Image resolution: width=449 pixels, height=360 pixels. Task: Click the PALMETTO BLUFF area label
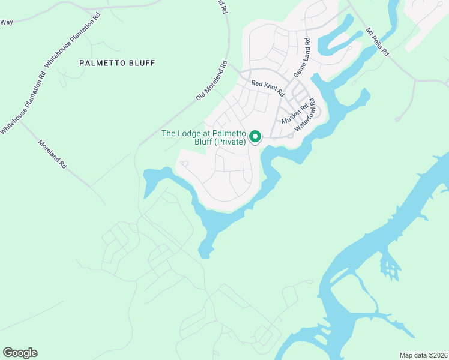[x=117, y=63]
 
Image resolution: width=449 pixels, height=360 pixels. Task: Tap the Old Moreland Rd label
[x=211, y=80]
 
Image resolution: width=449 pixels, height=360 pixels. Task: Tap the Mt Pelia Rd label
[x=378, y=42]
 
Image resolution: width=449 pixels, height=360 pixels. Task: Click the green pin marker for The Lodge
[x=255, y=137]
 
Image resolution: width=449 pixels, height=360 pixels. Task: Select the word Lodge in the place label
[x=191, y=133]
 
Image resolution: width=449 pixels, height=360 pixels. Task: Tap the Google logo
[x=20, y=353]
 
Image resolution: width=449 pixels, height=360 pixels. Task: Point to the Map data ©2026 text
[x=423, y=355]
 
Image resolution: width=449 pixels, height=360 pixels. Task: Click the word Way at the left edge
[x=7, y=22]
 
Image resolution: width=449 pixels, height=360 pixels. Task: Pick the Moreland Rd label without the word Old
[x=52, y=154]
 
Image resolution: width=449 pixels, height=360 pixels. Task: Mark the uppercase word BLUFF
[x=141, y=63]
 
